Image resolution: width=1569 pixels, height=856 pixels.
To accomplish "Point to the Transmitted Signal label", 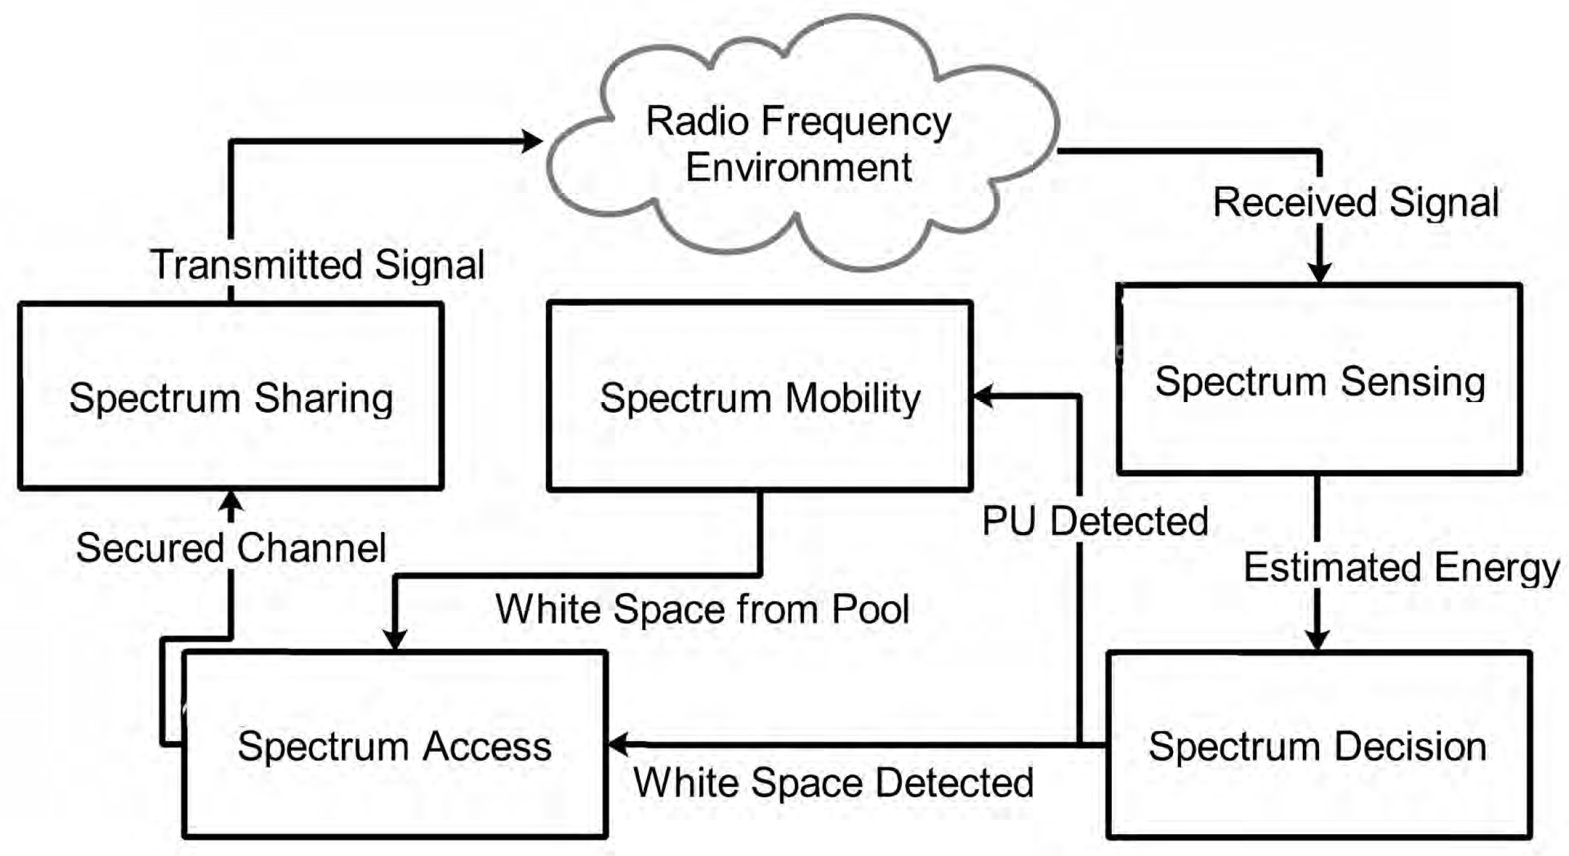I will [317, 265].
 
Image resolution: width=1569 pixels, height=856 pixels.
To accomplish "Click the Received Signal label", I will [1355, 202].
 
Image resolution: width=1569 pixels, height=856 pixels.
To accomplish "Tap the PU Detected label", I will [1094, 521].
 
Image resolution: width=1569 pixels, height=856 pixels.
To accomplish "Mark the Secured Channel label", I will [230, 548].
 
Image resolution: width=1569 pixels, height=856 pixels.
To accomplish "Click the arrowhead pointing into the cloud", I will [532, 141].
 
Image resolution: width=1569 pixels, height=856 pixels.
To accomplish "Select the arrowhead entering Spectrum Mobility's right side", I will [984, 396].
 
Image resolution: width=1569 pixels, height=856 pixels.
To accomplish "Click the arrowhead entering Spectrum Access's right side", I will [618, 744].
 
